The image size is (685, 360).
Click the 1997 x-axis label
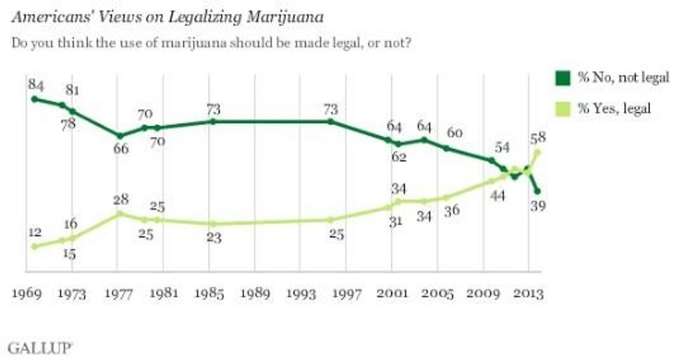point(346,294)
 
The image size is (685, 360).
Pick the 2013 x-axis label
point(528,294)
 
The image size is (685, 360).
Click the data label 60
point(454,134)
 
